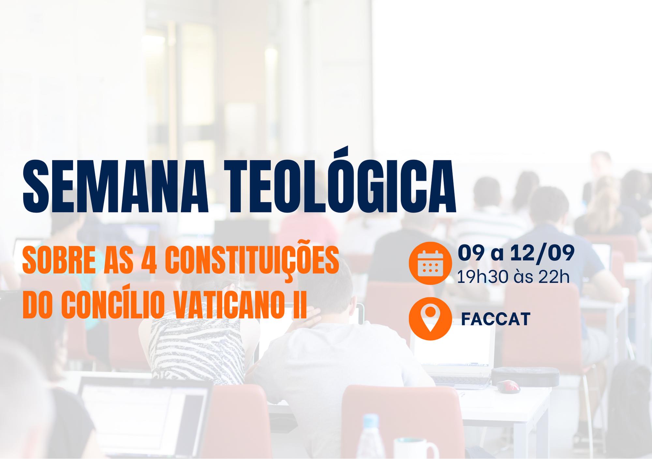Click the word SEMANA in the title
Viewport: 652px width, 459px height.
(115, 187)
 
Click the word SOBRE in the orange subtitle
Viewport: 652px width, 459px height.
(59, 260)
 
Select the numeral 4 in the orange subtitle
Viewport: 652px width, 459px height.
(149, 260)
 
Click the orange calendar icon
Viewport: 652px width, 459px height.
(430, 263)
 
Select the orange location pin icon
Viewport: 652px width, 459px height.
(430, 319)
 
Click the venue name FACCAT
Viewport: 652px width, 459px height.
(496, 319)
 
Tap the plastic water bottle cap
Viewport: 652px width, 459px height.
(371, 421)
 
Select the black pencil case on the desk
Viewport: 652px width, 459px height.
(525, 377)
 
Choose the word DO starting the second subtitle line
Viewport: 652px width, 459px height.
(37, 305)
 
